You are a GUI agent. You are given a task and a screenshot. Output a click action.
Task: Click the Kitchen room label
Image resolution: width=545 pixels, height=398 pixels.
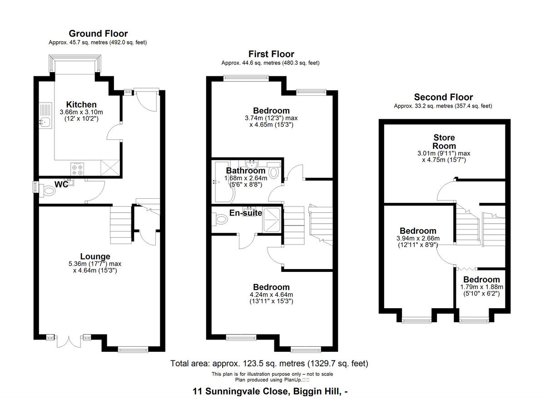click(x=81, y=105)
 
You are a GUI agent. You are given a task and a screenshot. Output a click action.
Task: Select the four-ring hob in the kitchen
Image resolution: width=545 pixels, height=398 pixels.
click(x=77, y=169)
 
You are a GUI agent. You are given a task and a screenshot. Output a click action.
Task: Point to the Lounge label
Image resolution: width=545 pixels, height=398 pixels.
click(x=95, y=256)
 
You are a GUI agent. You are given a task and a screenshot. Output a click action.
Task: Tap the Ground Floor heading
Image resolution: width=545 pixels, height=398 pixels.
click(x=98, y=34)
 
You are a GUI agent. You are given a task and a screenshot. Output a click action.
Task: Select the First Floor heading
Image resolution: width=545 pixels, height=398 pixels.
click(x=271, y=54)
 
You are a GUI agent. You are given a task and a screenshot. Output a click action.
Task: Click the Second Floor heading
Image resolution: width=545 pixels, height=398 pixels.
click(x=443, y=97)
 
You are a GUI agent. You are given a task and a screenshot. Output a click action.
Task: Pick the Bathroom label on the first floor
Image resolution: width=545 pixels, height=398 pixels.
click(x=246, y=171)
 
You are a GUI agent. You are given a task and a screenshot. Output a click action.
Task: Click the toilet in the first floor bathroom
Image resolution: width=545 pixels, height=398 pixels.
click(x=274, y=172)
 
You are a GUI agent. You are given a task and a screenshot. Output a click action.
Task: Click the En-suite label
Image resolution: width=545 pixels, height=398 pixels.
click(x=245, y=212)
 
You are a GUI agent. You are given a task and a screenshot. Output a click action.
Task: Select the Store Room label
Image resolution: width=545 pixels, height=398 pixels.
click(x=444, y=142)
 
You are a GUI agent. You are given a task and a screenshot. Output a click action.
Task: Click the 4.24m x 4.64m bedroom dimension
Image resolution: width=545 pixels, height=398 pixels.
click(x=271, y=297)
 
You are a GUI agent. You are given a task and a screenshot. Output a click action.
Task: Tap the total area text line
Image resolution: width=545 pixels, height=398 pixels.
click(x=269, y=364)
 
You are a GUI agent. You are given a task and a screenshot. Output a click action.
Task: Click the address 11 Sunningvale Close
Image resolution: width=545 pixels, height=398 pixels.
click(x=271, y=391)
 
